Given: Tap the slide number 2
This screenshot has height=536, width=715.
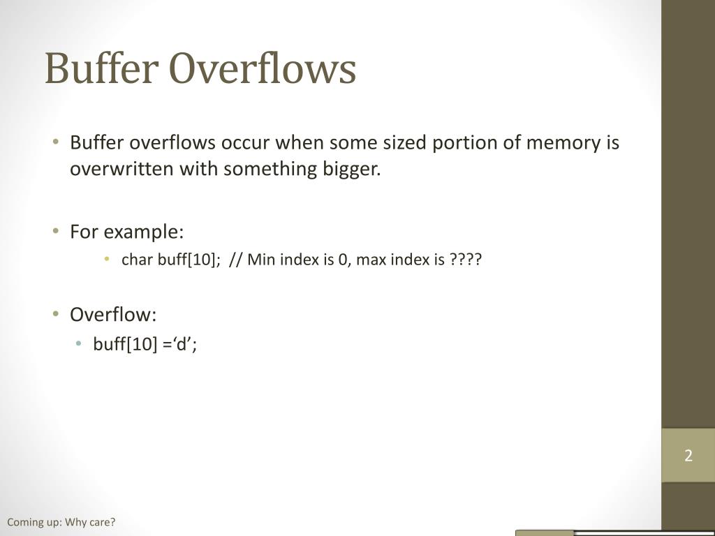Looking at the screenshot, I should coord(688,456).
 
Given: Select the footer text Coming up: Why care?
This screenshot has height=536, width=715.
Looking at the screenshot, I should coord(61,522).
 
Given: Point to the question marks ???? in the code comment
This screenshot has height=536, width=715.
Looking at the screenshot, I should coord(466,260).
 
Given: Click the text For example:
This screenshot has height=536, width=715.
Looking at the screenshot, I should coord(126,231).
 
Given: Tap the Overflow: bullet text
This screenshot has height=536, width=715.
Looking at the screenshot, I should coord(113,315).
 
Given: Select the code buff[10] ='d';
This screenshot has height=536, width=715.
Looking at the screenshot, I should coord(145,344).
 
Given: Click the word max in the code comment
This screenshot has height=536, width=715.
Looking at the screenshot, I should coord(371,260).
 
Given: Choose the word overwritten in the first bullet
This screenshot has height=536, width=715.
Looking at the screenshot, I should coord(121,170).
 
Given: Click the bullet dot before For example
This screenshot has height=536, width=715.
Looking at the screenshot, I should coord(56,231).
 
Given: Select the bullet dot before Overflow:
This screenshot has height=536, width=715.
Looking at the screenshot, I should coord(56,315).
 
